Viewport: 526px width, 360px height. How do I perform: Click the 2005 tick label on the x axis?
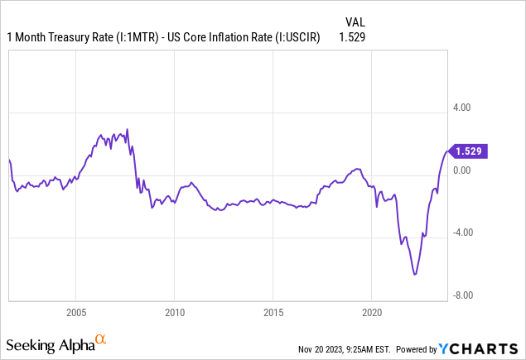click(x=75, y=314)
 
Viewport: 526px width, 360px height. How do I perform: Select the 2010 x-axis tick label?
click(x=174, y=314)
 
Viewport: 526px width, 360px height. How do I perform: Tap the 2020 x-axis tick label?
click(x=371, y=314)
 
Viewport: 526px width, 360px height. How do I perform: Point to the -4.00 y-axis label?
click(x=461, y=233)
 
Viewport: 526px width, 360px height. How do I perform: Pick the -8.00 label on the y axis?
click(x=461, y=295)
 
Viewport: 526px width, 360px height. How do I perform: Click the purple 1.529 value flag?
click(x=468, y=151)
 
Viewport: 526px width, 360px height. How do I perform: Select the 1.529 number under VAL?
click(x=352, y=37)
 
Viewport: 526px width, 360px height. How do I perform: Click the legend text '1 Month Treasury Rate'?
click(x=59, y=37)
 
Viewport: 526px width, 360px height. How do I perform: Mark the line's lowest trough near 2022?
click(x=414, y=274)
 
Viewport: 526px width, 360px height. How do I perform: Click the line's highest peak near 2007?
click(x=127, y=129)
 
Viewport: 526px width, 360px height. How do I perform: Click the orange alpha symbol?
click(x=100, y=339)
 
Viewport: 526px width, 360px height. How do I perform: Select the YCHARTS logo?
click(x=487, y=348)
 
